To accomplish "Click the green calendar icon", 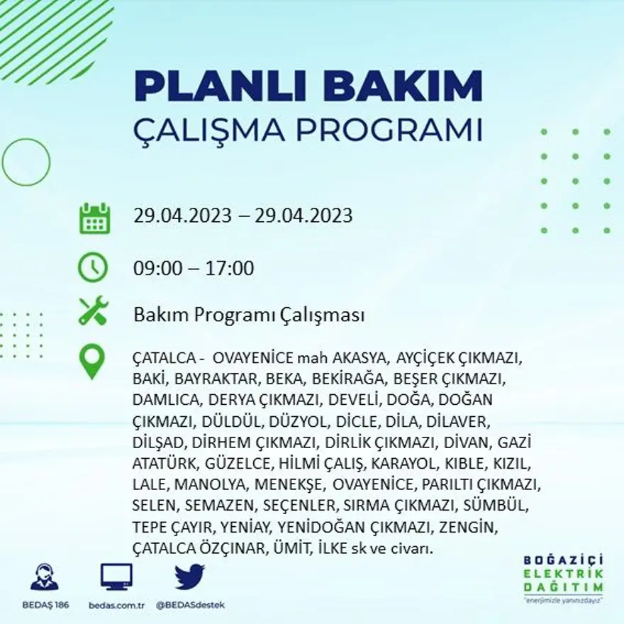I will (94, 218).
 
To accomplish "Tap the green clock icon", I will (93, 268).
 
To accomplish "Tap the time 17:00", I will (230, 269).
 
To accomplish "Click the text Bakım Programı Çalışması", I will (249, 315).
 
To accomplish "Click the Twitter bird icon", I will (189, 576).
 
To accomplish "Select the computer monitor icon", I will (116, 576).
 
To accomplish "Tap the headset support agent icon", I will (45, 577).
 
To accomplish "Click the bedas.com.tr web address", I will (117, 605).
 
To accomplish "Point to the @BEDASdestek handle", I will (189, 605).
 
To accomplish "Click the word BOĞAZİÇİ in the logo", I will (563, 560).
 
